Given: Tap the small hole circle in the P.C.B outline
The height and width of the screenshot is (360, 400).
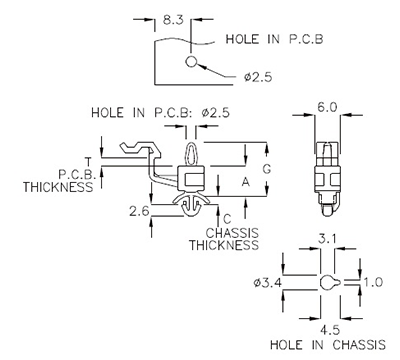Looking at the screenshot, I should [x=191, y=64].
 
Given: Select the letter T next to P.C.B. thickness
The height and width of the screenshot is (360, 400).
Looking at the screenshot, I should [x=89, y=161].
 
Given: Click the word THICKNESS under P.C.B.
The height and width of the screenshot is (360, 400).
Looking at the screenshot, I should [x=54, y=186].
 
